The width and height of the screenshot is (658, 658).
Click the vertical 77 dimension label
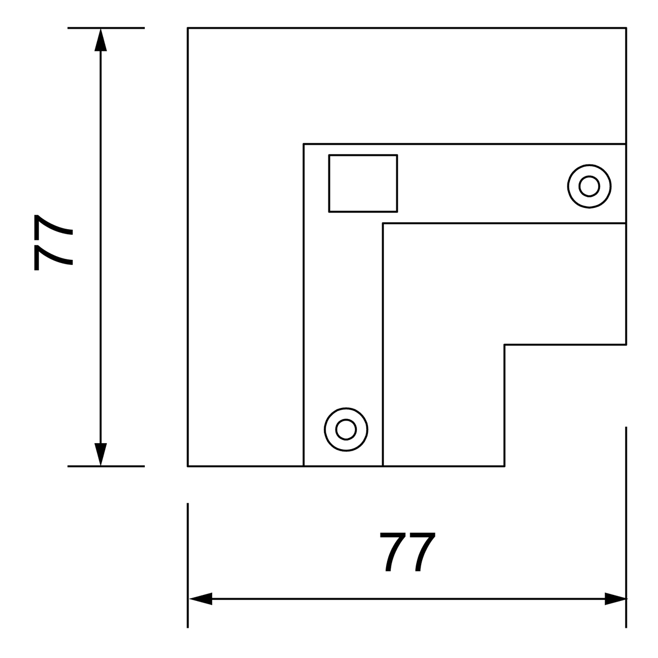point(53,243)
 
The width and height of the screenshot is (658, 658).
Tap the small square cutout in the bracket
point(363,183)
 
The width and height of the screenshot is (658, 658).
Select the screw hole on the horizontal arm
point(589,186)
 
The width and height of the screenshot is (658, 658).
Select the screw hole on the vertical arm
point(346,429)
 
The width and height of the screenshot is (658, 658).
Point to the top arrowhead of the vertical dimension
point(101,39)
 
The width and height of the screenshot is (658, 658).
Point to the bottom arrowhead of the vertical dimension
point(101,455)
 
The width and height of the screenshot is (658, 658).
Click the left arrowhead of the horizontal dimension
point(201,599)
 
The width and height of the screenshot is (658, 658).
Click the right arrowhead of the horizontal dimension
point(615,599)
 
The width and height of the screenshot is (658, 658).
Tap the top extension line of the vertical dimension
point(106,27)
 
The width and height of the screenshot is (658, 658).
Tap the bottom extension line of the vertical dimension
point(106,466)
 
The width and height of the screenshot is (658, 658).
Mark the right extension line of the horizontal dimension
point(626,527)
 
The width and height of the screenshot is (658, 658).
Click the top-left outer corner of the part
point(188,27)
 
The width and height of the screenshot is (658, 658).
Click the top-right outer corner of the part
point(626,27)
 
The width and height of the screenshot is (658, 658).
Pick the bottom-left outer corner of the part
point(188,466)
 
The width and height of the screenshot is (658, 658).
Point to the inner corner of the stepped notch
point(504,345)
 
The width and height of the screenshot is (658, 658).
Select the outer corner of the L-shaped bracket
point(304,144)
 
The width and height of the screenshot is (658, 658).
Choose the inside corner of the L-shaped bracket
point(383,223)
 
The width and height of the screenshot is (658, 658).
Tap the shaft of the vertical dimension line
point(101,247)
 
